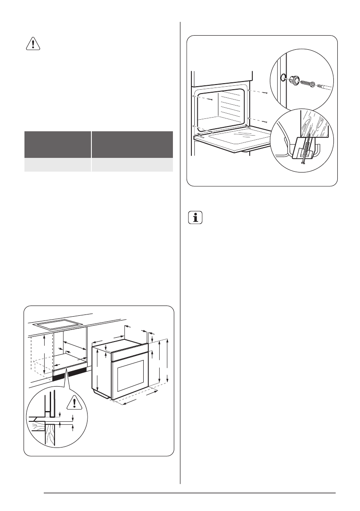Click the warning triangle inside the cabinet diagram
click(x=76, y=402)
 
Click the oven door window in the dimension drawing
click(x=131, y=372)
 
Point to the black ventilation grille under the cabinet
click(x=69, y=375)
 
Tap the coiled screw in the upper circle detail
click(x=306, y=83)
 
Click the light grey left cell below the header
click(x=57, y=166)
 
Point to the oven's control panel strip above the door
click(x=129, y=354)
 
